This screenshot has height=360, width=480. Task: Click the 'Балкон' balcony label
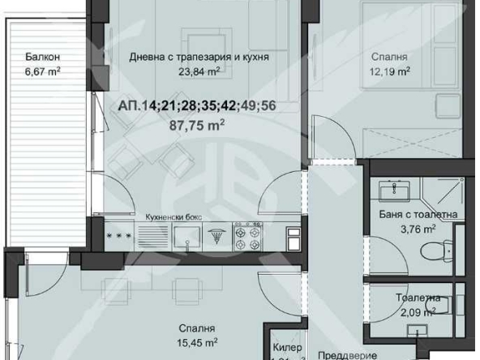pyautogui.click(x=42, y=58)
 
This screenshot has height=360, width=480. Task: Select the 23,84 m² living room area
pyautogui.click(x=199, y=71)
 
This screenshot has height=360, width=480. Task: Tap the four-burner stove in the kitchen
pyautogui.click(x=247, y=235)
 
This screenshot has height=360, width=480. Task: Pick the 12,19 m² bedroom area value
pyautogui.click(x=390, y=71)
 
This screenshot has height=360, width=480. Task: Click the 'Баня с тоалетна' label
pyautogui.click(x=418, y=215)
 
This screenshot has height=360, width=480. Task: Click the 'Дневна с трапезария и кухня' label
pyautogui.click(x=199, y=58)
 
